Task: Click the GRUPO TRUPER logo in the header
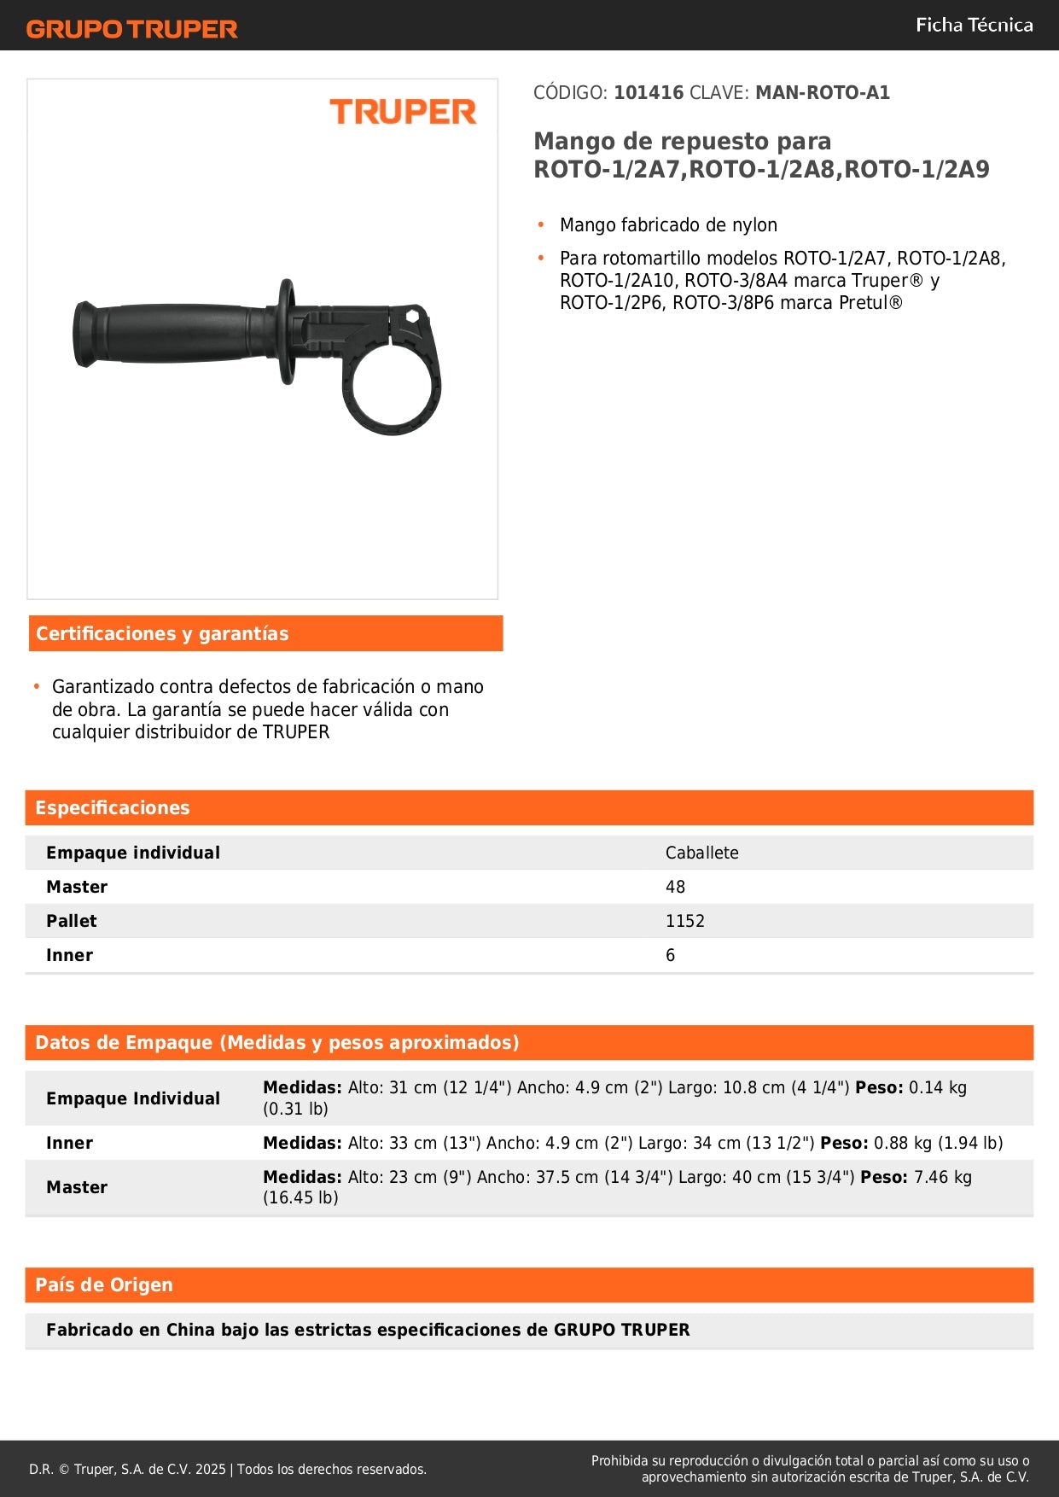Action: pos(131,29)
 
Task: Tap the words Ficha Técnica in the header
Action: pos(974,25)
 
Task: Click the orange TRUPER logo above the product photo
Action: pos(403,112)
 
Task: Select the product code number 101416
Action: pos(649,92)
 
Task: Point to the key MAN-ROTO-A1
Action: pos(822,92)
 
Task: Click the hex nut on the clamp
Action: pos(413,317)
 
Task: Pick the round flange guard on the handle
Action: pos(287,331)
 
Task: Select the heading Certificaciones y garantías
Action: pos(162,633)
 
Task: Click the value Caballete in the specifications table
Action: pos(701,853)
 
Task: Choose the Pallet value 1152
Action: pos(684,921)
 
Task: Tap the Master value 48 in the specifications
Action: pos(675,887)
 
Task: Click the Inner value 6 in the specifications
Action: pos(670,955)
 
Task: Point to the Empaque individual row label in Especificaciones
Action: pos(133,853)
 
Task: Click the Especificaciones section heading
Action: pos(113,807)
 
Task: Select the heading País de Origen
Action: pos(104,1284)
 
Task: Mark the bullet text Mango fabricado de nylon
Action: pos(668,225)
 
